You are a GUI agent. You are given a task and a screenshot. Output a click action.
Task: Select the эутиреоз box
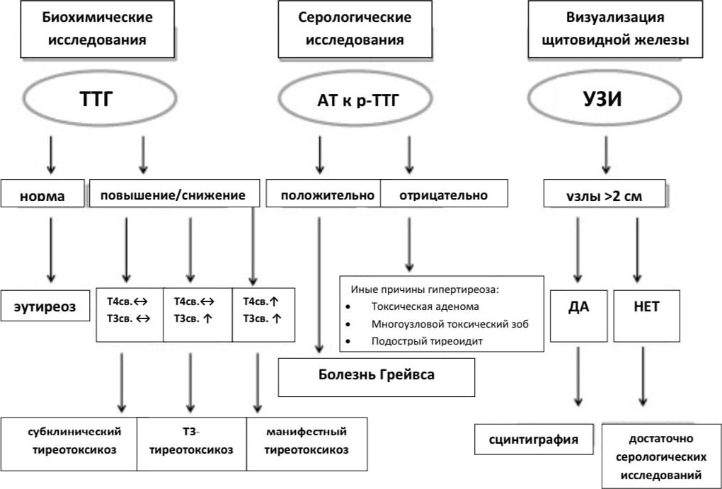pyautogui.click(x=45, y=308)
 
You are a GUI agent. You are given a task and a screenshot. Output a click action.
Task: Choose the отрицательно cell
pyautogui.click(x=443, y=195)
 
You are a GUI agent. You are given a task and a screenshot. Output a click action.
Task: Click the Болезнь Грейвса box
pyautogui.click(x=375, y=375)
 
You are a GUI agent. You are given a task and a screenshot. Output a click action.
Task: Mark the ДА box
pyautogui.click(x=578, y=308)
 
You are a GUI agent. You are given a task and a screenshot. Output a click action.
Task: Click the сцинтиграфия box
pyautogui.click(x=534, y=439)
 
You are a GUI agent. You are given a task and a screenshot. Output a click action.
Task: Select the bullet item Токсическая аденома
pyautogui.click(x=425, y=306)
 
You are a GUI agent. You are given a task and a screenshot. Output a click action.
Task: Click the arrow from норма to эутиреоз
pyautogui.click(x=50, y=248)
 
